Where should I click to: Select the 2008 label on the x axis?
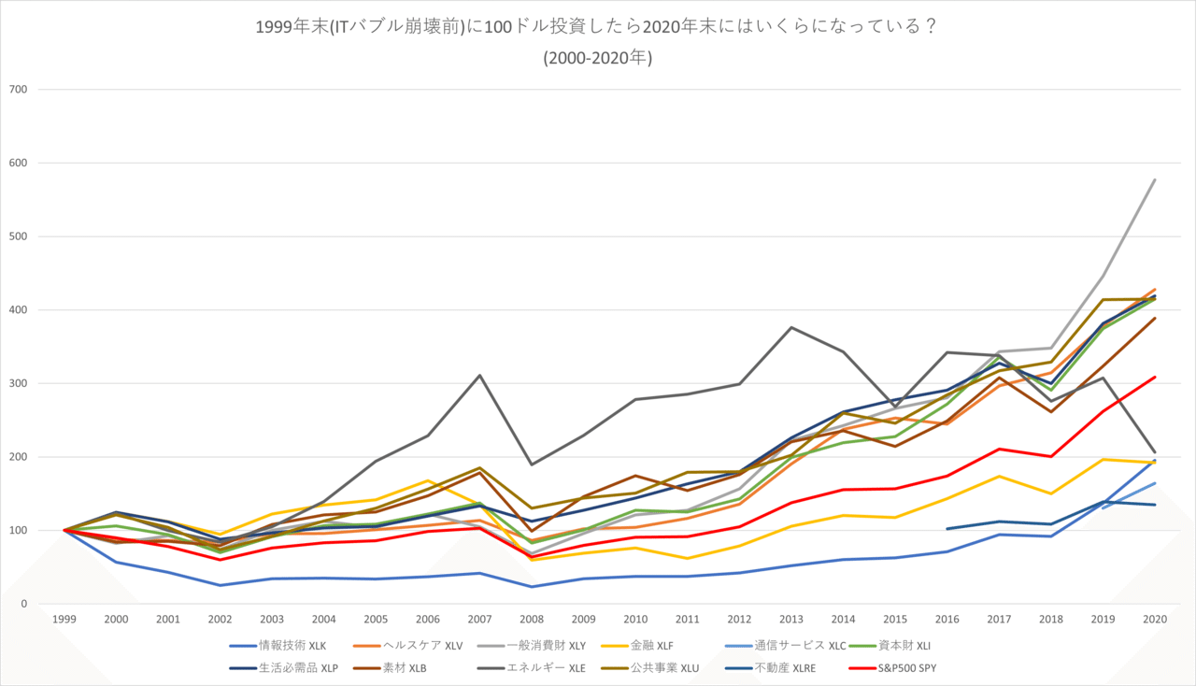coord(532,619)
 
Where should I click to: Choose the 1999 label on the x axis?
coord(64,619)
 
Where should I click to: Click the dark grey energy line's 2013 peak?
coord(791,327)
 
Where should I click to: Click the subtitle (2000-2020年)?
coord(597,58)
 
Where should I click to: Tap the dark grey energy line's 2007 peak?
coord(479,376)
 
